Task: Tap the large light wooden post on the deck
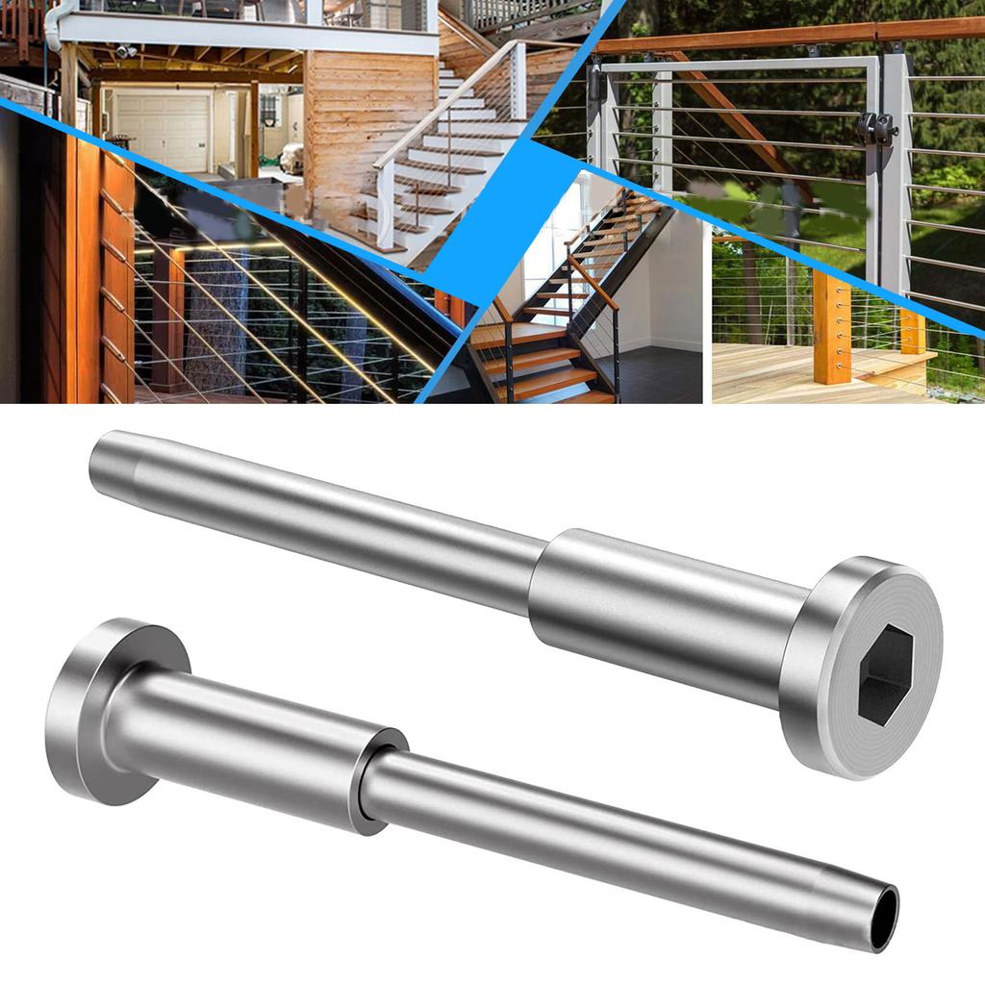[831, 327]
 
